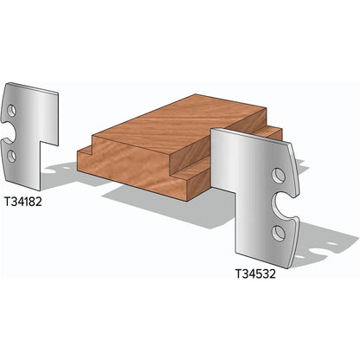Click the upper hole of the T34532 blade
pos(279,176)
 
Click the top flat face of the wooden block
pos(173,125)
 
